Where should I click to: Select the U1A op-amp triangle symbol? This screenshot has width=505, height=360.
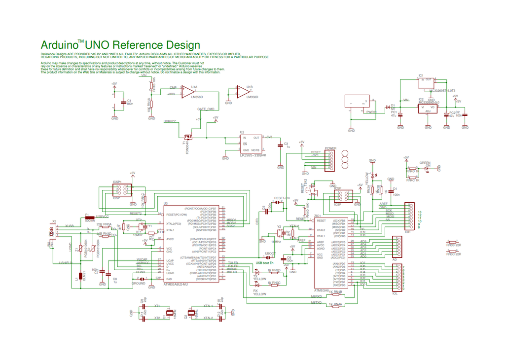[x=187, y=92]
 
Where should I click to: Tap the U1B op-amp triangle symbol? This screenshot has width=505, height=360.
[x=242, y=92]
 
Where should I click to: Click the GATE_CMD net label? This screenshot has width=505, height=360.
[x=205, y=108]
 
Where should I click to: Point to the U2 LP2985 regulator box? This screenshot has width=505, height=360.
[x=251, y=144]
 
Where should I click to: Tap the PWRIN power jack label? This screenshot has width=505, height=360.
[x=371, y=112]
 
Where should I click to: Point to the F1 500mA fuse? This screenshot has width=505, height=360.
[x=89, y=216]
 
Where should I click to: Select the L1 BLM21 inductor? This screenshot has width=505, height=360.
[x=81, y=277]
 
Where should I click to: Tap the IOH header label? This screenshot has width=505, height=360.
[x=408, y=231]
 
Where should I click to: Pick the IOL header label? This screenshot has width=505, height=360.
[x=395, y=293]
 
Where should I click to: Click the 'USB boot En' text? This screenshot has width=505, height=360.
[x=264, y=262]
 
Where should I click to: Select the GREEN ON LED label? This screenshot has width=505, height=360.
[x=425, y=164]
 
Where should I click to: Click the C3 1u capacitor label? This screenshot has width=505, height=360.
[x=287, y=145]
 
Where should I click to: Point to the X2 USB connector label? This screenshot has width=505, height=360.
[x=54, y=221]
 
